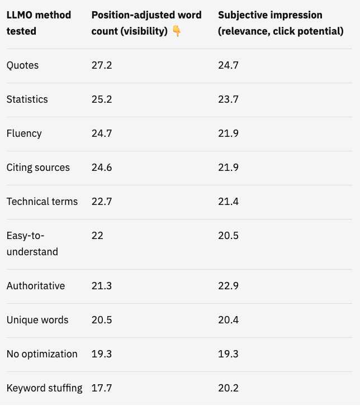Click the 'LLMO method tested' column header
39,23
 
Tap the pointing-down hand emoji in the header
177,31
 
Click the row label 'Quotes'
22,65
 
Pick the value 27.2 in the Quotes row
102,65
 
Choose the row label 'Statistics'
27,99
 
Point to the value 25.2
102,99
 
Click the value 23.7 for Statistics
228,99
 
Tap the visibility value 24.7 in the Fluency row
102,133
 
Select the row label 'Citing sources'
38,168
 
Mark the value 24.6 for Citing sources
102,168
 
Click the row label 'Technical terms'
42,202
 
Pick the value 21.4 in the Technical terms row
228,202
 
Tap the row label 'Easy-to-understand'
32,243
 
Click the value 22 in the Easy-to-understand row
97,236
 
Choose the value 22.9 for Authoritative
228,286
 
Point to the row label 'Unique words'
37,320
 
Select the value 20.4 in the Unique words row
228,320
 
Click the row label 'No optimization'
42,354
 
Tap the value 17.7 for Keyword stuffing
102,388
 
